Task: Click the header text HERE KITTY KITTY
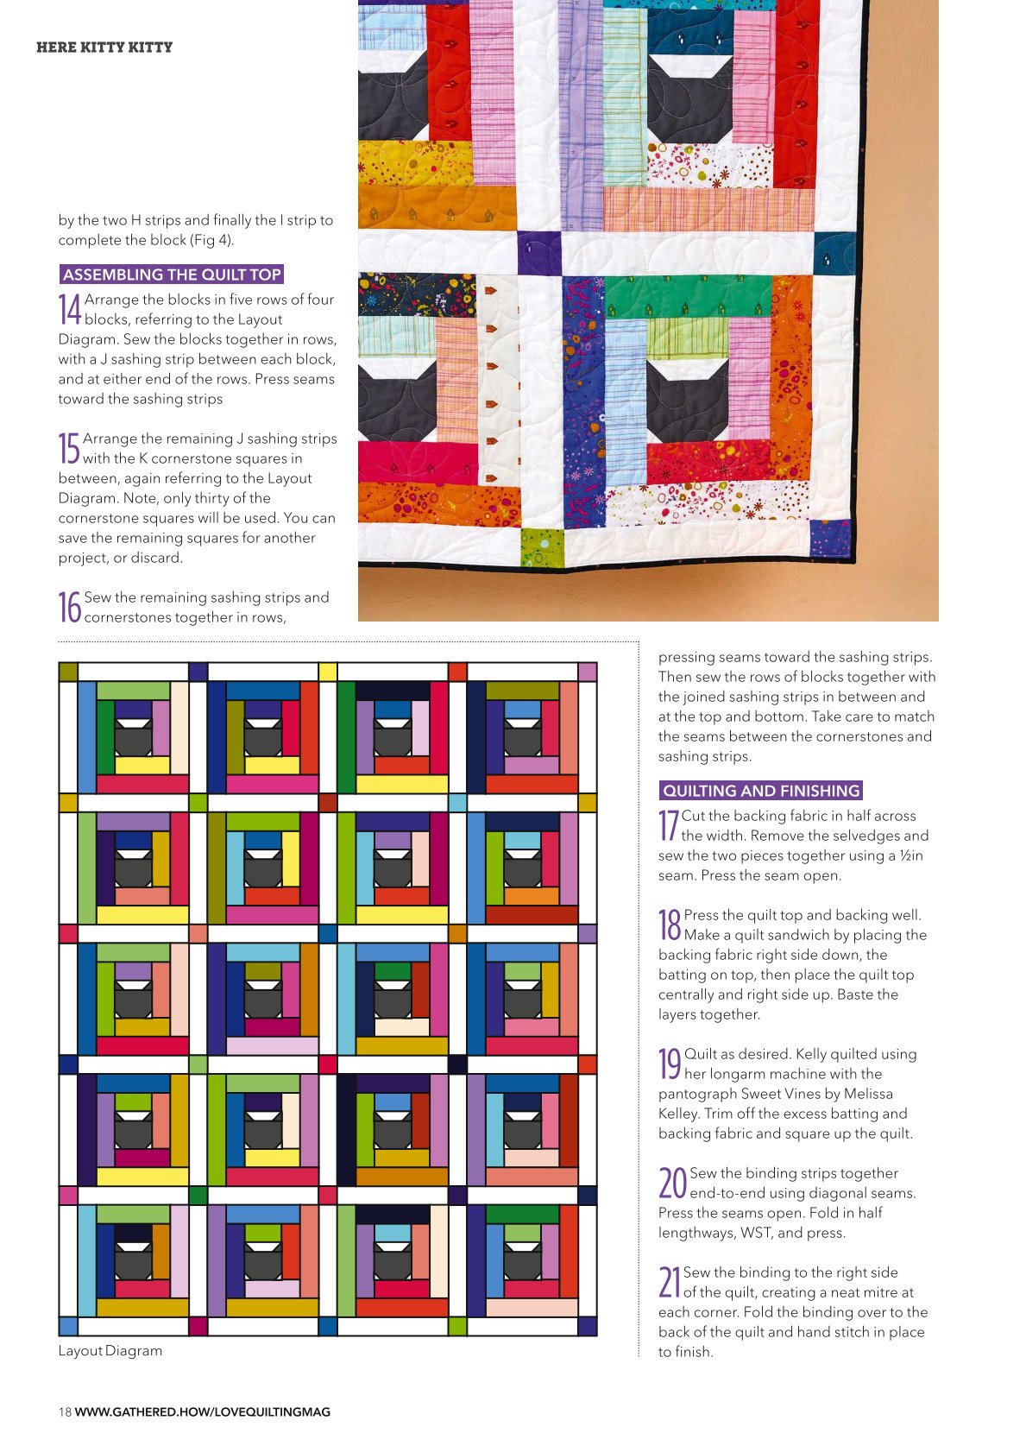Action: point(104,47)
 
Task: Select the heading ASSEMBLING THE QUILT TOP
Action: point(172,275)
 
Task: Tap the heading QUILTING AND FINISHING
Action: point(761,790)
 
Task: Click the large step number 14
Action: point(69,309)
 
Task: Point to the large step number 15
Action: point(69,449)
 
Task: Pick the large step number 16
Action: point(69,608)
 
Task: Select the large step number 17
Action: point(668,826)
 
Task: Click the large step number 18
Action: point(670,925)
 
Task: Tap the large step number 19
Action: point(670,1064)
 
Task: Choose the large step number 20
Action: point(672,1183)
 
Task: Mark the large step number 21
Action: point(669,1282)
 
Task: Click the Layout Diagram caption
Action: point(110,1350)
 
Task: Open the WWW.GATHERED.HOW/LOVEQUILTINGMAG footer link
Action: point(203,1411)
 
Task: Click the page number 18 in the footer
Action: point(65,1411)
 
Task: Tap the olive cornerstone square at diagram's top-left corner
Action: point(68,672)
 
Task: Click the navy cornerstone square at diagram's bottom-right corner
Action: point(588,1326)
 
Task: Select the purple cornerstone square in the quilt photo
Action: point(538,253)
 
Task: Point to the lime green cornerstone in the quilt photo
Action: point(542,548)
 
